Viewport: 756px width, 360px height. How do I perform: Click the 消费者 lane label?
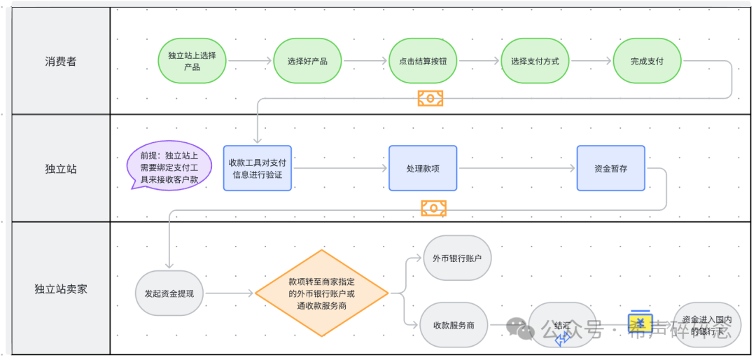(x=61, y=62)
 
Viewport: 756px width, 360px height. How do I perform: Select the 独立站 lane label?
(x=61, y=169)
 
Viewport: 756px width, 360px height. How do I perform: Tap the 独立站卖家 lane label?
(x=61, y=289)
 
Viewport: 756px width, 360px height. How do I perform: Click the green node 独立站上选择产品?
(x=192, y=61)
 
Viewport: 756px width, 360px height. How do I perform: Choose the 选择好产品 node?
(x=307, y=61)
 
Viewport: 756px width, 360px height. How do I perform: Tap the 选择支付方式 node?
(x=535, y=61)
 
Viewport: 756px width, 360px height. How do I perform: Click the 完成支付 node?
(x=647, y=61)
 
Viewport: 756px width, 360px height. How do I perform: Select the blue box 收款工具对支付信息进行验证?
(x=258, y=168)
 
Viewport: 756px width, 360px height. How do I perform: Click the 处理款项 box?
(x=423, y=168)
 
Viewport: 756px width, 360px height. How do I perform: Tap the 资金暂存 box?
(x=611, y=168)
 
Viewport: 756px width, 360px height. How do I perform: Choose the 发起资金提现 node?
(x=169, y=293)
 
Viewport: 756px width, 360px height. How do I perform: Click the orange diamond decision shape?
(x=321, y=293)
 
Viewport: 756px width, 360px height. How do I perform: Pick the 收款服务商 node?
(x=454, y=325)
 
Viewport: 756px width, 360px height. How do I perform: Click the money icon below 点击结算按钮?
(x=430, y=98)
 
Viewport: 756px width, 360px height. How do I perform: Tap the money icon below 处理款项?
(x=433, y=208)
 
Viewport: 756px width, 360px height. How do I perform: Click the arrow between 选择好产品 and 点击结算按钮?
(x=365, y=61)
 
